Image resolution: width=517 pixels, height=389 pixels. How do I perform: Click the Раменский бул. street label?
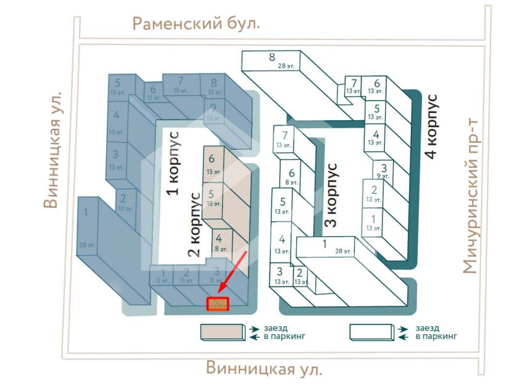tap(196, 24)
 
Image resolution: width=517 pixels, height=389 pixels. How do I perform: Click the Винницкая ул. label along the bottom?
tap(264, 369)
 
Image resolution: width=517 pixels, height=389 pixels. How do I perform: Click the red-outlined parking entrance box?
tap(218, 304)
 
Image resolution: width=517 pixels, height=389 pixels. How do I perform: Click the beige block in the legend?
tap(222, 332)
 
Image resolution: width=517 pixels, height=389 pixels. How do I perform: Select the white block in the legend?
tap(372, 332)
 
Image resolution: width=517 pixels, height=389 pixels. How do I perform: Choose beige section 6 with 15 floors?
tap(212, 163)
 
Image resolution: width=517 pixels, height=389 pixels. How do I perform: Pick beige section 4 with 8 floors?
tap(219, 242)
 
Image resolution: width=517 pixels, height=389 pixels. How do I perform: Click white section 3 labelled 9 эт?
tap(384, 170)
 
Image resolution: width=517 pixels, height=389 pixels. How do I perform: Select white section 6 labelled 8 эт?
tap(292, 177)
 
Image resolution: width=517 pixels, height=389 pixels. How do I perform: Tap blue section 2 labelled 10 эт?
tap(123, 201)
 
